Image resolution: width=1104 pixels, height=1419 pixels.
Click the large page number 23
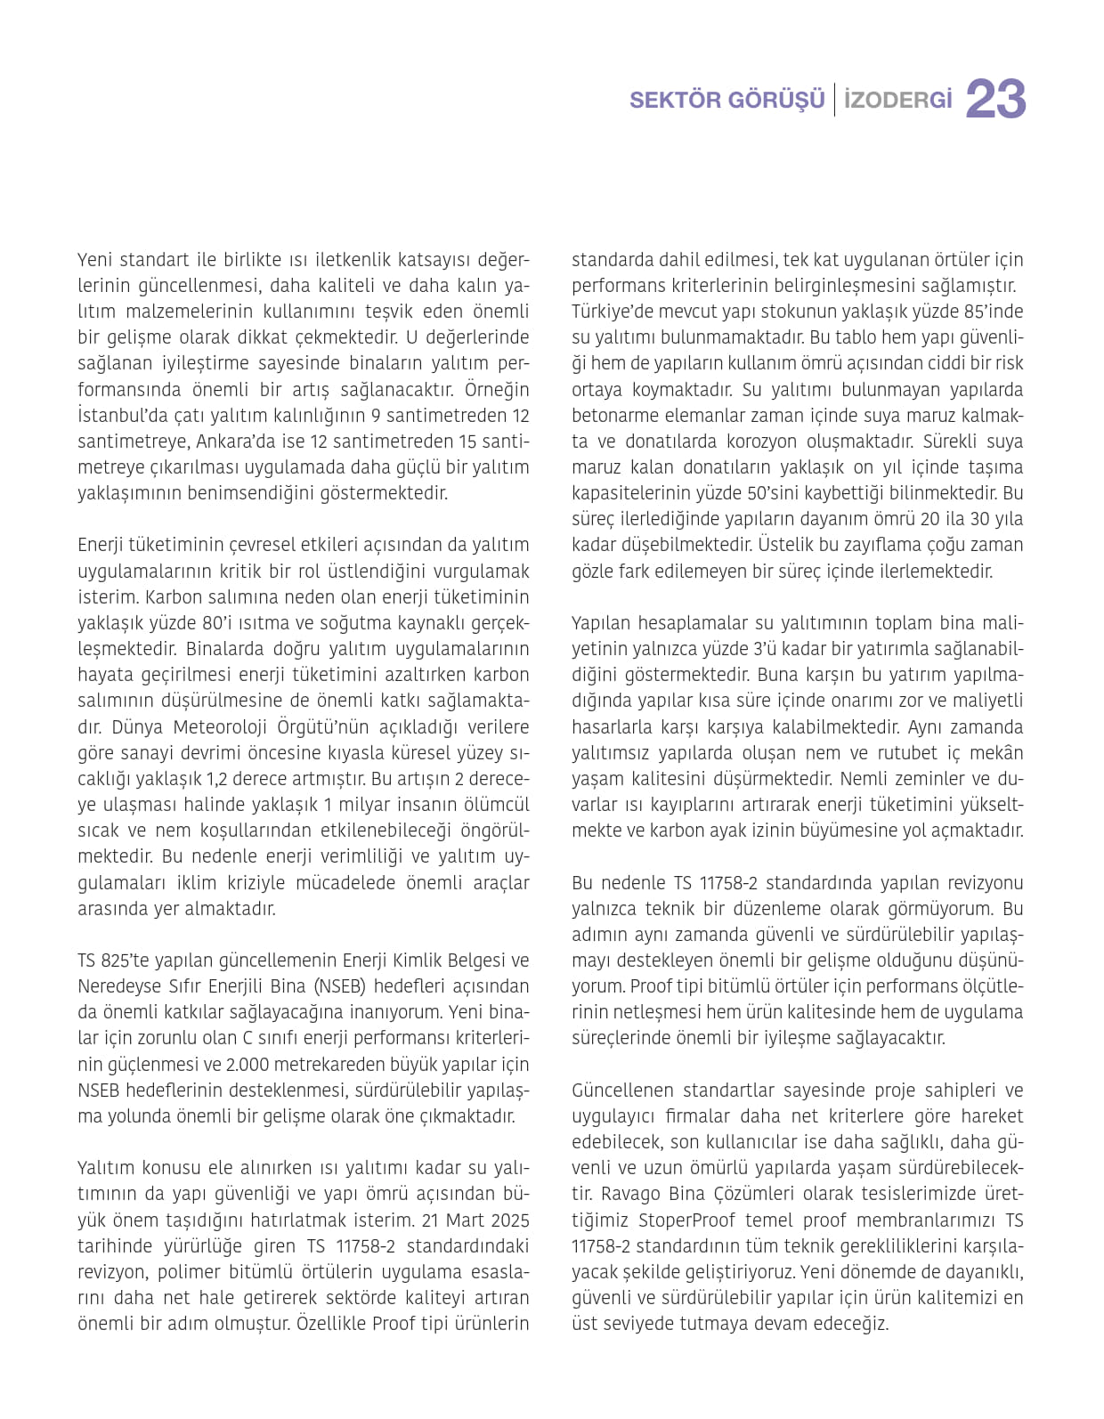point(995,99)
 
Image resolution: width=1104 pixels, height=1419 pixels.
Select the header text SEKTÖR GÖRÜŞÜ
point(727,100)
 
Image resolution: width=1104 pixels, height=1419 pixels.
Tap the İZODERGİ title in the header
point(897,100)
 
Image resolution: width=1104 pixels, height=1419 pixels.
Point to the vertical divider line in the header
point(834,100)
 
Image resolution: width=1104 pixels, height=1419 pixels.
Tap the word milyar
point(366,805)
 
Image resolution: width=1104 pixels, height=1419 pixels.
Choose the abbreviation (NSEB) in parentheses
point(339,986)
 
